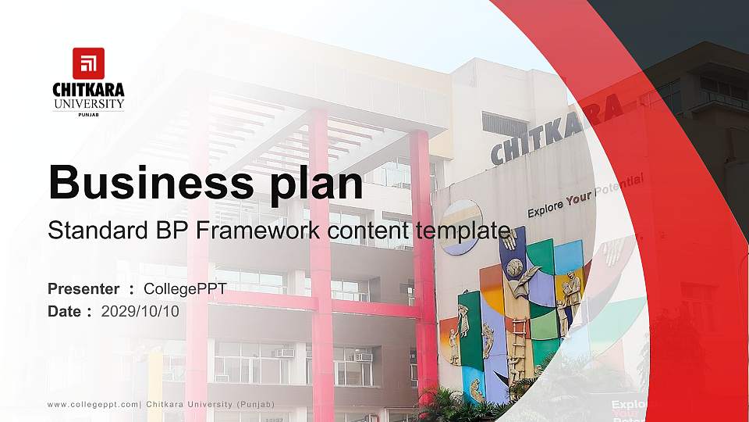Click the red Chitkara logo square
click(x=88, y=63)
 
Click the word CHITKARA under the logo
click(x=88, y=90)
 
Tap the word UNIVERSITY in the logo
click(x=88, y=104)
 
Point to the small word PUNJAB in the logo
click(x=88, y=114)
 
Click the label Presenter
click(x=83, y=289)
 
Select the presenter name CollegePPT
click(x=185, y=289)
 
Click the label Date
click(x=65, y=311)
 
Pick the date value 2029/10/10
click(x=140, y=311)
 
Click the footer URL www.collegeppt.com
click(x=94, y=404)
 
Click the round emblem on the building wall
click(x=460, y=227)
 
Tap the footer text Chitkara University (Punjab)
click(x=211, y=404)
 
